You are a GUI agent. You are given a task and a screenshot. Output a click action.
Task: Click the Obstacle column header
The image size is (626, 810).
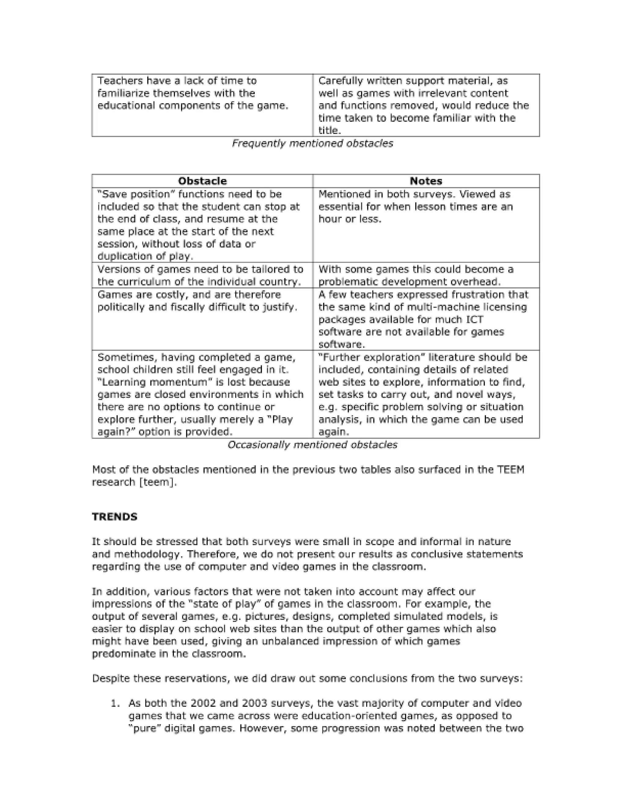point(202,181)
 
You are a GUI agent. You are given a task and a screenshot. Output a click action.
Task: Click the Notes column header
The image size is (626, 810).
point(426,181)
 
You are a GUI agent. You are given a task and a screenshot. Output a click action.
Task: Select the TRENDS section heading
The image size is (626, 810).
point(115,517)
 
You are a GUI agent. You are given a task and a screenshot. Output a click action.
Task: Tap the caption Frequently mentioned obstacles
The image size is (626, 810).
point(312,144)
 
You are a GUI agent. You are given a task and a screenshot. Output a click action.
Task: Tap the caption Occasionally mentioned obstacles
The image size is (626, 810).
point(312,445)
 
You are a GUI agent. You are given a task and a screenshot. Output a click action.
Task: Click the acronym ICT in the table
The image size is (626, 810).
point(472,319)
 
